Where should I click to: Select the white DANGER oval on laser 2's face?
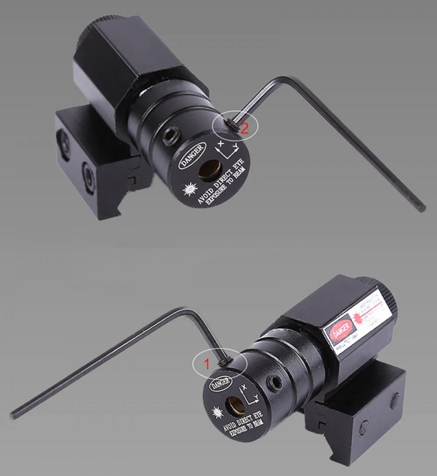191,155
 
